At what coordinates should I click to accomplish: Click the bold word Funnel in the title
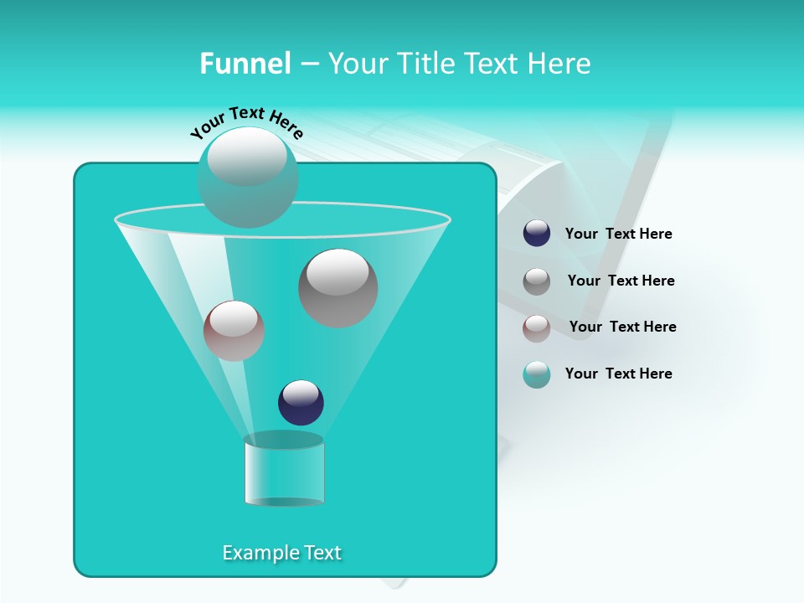tap(245, 64)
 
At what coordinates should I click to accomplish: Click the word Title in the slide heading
tap(425, 64)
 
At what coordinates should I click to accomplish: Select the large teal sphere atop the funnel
tap(247, 178)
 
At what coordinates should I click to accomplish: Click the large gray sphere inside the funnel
tap(338, 288)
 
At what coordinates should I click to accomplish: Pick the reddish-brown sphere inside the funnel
tap(234, 331)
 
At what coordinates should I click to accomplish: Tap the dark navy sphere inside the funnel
tap(301, 402)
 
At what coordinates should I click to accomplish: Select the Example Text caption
tap(282, 553)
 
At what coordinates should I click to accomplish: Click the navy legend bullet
tap(537, 234)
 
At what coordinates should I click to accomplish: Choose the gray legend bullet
tap(537, 281)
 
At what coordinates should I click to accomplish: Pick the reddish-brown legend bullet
tap(537, 327)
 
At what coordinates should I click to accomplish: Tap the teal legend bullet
tap(537, 374)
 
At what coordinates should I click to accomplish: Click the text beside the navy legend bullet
tap(619, 234)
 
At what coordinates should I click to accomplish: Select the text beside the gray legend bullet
tap(621, 281)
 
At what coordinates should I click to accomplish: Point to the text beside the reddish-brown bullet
tap(622, 327)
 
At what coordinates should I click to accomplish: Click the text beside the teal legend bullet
tap(619, 374)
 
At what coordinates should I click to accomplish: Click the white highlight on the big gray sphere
tap(338, 271)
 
